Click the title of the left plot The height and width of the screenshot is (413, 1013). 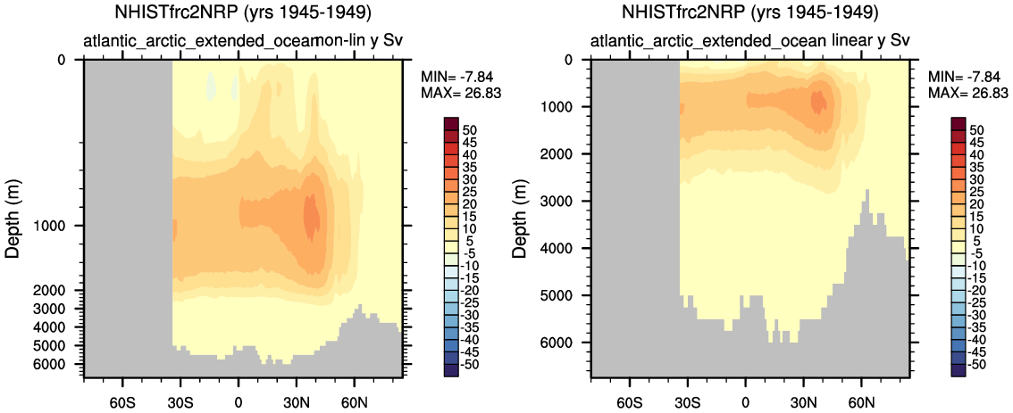(243, 13)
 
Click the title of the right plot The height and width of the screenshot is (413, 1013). (751, 13)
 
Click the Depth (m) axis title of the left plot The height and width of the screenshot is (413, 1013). (13, 217)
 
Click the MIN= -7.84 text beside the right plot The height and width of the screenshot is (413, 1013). (966, 78)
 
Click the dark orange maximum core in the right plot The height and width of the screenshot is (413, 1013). (817, 101)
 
